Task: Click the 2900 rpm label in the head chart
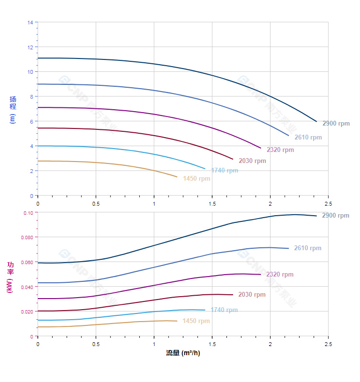pos(336,124)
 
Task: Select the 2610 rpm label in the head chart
pos(308,138)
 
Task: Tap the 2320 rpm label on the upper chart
pos(280,150)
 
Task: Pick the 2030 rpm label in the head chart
pos(252,161)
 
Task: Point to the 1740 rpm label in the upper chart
pos(225,171)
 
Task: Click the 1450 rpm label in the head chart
pos(196,179)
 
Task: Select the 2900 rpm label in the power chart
pos(336,216)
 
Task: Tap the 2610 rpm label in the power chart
pos(307,248)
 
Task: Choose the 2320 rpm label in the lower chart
pos(280,275)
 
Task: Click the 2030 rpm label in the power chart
pos(252,295)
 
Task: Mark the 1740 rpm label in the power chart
pos(224,310)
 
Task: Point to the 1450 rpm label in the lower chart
pos(196,321)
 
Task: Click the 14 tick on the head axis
pos(30,22)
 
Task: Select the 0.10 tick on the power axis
pos(28,212)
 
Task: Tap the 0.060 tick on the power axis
pos(27,262)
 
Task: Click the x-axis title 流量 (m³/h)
pos(183,353)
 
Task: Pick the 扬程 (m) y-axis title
pos(13,110)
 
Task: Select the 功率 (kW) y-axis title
pos(11,278)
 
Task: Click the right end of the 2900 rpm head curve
pos(316,121)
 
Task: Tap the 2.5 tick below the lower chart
pos(328,344)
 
